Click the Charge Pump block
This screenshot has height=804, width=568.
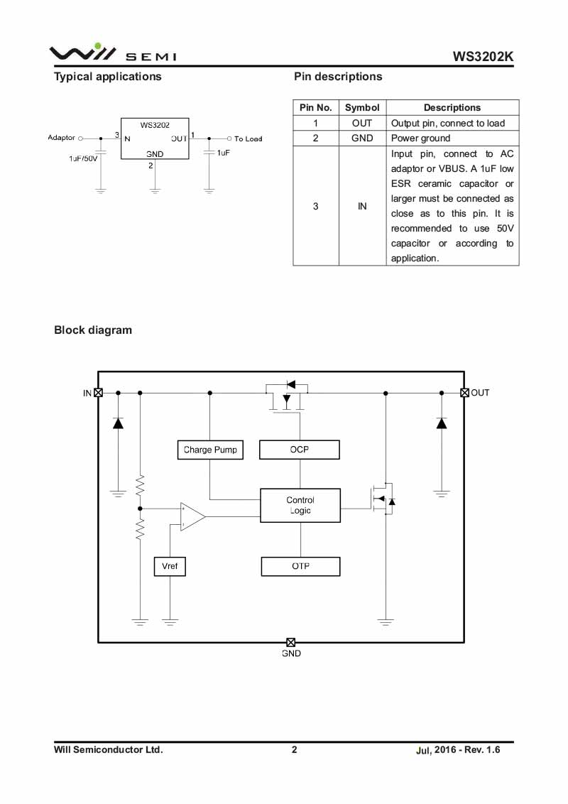click(210, 450)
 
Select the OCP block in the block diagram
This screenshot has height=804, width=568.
click(300, 450)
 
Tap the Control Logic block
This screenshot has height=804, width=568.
click(300, 506)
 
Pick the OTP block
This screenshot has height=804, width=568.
click(300, 566)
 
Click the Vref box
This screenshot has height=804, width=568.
click(170, 566)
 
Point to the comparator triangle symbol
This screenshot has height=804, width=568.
click(192, 517)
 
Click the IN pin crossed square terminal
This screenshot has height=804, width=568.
click(99, 393)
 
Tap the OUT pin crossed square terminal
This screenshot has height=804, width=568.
click(464, 393)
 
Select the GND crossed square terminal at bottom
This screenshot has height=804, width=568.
click(290, 643)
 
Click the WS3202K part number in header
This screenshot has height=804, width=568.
click(483, 56)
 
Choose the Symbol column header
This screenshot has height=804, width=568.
click(362, 108)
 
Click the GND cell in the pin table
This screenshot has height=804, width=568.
click(362, 138)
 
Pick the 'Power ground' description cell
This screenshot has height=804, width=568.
click(453, 138)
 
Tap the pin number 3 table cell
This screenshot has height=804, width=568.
click(316, 206)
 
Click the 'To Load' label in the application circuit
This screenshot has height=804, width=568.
click(248, 139)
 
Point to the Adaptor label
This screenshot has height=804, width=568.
click(62, 137)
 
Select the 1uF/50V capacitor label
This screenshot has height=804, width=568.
click(83, 158)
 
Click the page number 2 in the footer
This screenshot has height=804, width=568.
click(294, 749)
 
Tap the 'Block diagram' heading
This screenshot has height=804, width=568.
click(93, 330)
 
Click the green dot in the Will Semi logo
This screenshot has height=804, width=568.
click(98, 46)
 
